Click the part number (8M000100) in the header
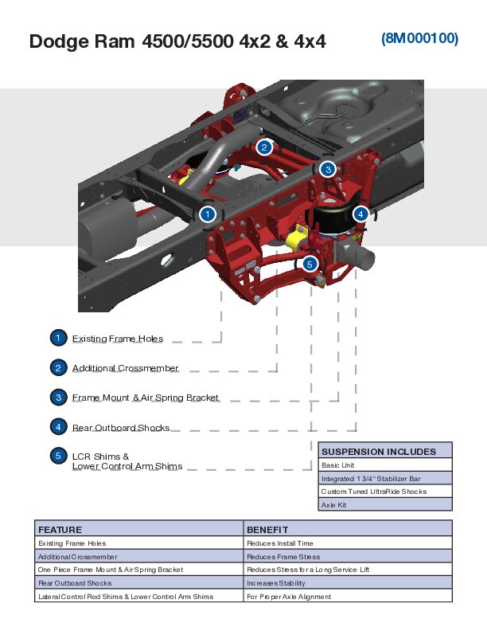[419, 38]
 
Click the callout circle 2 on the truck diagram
[264, 147]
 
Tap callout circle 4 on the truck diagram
[360, 214]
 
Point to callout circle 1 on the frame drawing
[207, 214]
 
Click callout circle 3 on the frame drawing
[328, 168]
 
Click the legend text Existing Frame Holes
[118, 339]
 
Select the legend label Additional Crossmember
[126, 368]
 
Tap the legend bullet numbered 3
[58, 397]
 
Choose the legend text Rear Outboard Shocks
[121, 428]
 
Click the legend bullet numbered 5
[58, 456]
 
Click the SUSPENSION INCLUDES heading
[379, 452]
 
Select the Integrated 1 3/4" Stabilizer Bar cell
[370, 479]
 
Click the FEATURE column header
[60, 529]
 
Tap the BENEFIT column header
[267, 529]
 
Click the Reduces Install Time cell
[279, 543]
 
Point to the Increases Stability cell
[279, 583]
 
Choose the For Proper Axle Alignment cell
[289, 597]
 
